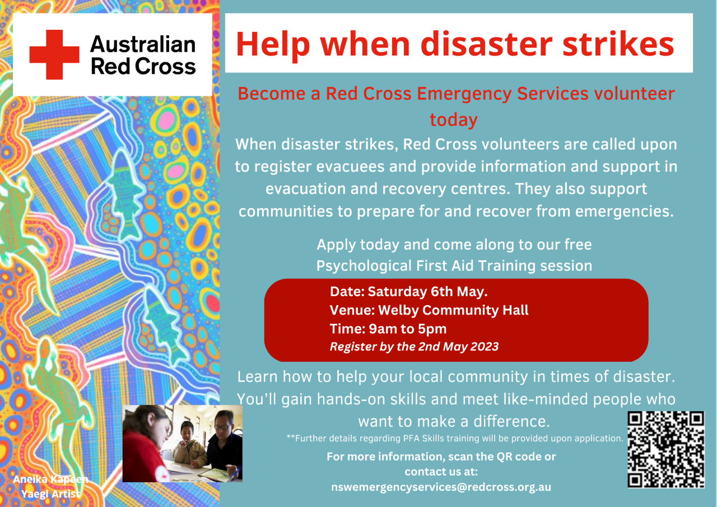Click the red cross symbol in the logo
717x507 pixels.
[x=54, y=54]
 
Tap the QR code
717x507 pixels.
[x=666, y=450]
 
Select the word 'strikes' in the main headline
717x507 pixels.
[x=618, y=44]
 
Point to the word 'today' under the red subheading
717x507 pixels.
[x=454, y=119]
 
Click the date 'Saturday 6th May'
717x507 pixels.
[x=427, y=291]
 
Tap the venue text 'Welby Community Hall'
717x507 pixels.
[x=453, y=310]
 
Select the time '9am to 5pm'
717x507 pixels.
[x=407, y=329]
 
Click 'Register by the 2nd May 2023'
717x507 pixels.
[x=414, y=347]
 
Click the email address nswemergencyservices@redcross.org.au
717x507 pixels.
[x=441, y=487]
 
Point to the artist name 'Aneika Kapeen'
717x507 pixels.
[x=50, y=479]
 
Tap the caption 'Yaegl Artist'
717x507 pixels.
[x=50, y=494]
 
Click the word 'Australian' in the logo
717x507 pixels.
[x=143, y=44]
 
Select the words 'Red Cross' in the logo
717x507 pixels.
[x=143, y=66]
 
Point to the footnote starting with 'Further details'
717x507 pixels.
[x=455, y=438]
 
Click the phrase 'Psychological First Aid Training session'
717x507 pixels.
[x=454, y=266]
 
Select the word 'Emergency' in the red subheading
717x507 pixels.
[x=464, y=94]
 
